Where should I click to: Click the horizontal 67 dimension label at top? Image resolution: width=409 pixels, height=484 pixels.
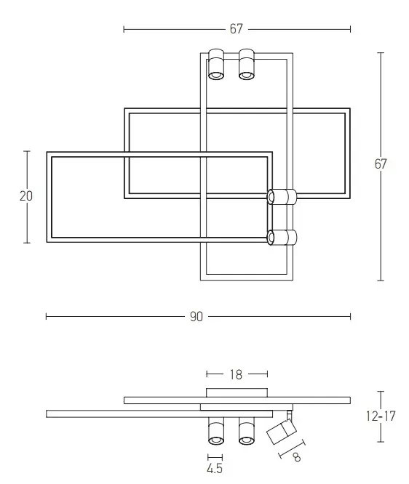tap(237, 29)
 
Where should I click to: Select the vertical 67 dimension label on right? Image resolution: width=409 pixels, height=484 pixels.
tap(381, 164)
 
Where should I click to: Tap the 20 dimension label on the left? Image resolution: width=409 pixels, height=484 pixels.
tap(26, 196)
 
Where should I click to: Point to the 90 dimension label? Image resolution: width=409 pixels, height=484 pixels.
tap(196, 317)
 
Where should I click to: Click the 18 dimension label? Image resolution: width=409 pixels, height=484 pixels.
tap(236, 375)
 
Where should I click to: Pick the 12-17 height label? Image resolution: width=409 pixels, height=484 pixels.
tap(381, 416)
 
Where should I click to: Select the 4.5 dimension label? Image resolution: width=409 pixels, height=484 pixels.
tap(215, 468)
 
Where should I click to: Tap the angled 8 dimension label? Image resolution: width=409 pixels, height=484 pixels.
tap(297, 457)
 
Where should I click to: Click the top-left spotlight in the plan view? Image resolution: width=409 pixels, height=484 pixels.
tap(216, 64)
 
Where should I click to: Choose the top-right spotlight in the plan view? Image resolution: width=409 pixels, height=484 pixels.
tap(247, 64)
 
